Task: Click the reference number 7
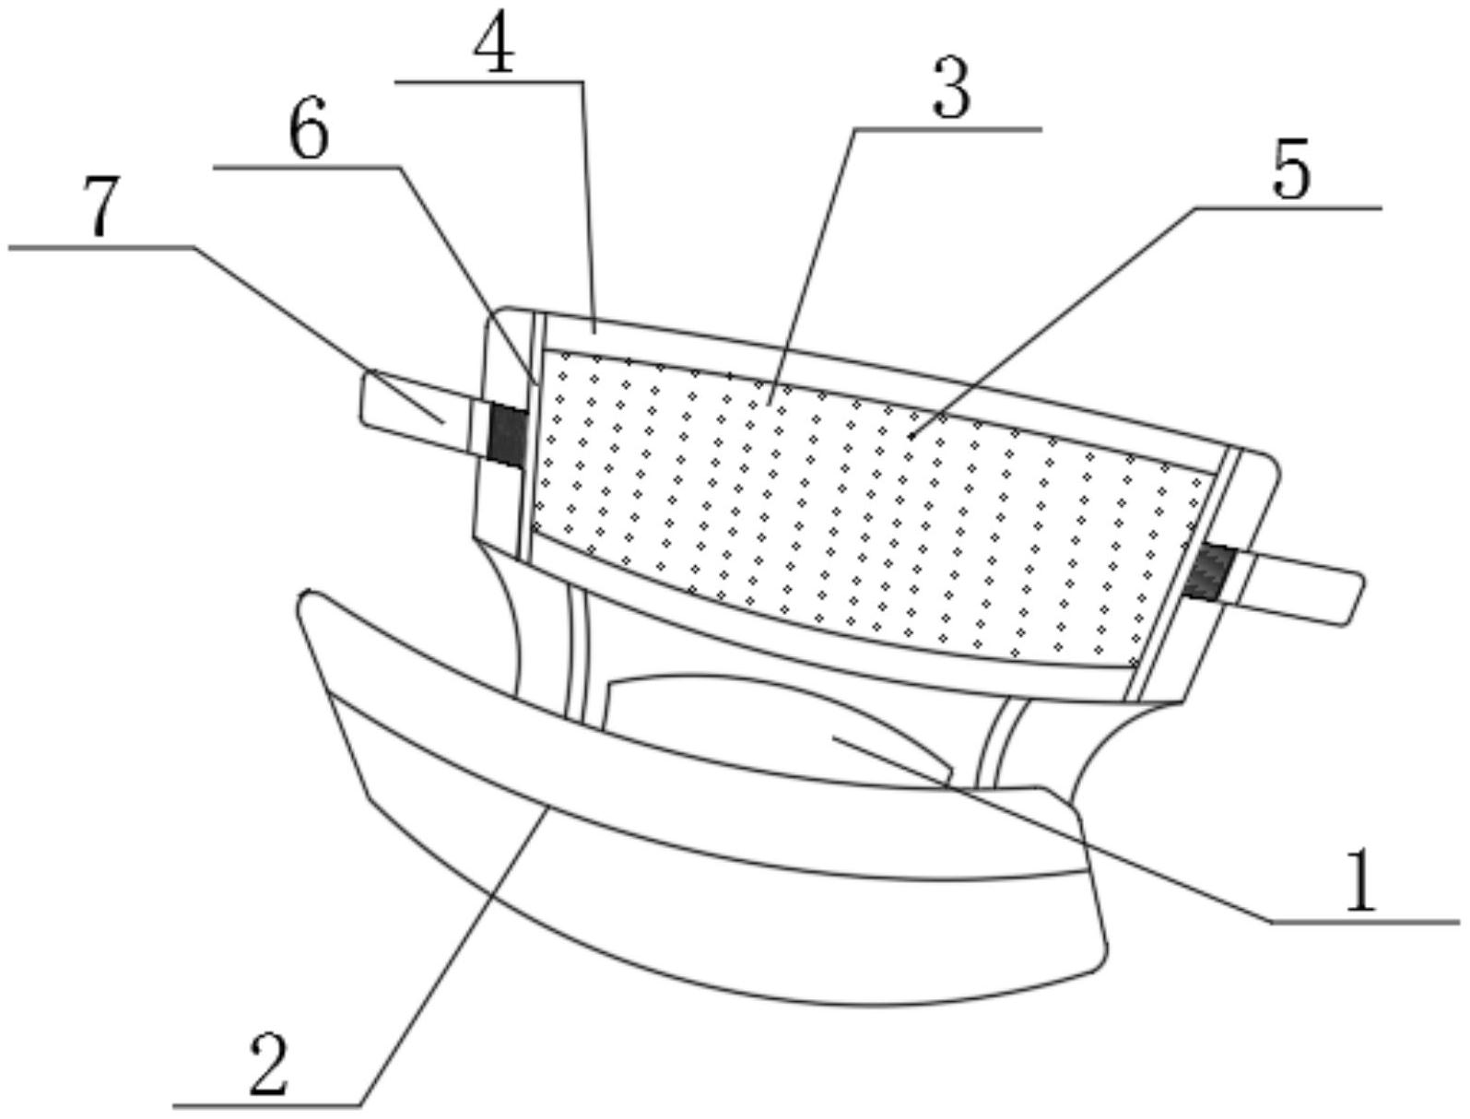101,207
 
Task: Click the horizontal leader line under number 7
101,247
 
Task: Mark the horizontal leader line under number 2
267,1104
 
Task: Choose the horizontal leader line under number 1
1364,921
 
